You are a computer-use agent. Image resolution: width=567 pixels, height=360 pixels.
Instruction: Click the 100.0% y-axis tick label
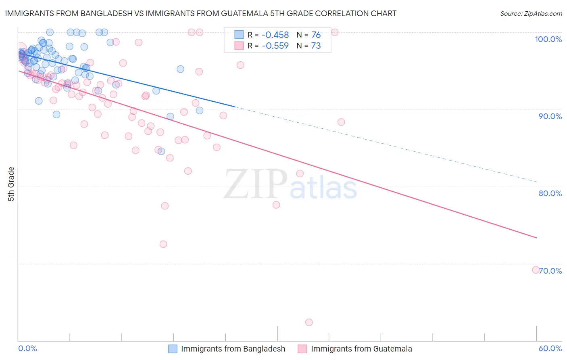548,39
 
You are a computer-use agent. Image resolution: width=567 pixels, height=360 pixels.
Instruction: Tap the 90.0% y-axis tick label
550,116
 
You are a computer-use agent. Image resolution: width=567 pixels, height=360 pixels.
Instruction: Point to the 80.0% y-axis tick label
550,193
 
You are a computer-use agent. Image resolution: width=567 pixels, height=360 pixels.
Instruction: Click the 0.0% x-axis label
27,349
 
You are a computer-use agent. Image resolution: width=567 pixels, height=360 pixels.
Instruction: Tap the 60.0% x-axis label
550,349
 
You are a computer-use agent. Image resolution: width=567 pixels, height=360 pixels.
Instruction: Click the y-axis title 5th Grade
11,184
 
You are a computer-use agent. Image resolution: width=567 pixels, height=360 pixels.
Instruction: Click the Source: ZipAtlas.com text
531,13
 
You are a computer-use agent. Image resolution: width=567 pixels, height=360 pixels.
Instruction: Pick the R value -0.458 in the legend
275,35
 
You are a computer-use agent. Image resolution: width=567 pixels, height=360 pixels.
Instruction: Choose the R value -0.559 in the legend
275,46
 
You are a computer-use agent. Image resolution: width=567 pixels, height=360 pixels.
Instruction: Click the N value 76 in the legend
316,35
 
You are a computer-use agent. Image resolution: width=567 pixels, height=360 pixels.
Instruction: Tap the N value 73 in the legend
316,46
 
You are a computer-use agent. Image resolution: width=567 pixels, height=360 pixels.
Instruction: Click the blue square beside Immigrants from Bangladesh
173,349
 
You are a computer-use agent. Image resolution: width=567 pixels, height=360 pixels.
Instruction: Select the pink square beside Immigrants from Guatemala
302,349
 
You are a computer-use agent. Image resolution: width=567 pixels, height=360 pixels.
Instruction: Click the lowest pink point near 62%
309,322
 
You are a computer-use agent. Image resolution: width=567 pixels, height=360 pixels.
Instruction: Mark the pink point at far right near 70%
536,270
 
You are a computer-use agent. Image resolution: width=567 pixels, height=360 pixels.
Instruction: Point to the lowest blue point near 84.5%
161,151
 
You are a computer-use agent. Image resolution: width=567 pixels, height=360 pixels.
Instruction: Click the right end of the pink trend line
536,238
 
